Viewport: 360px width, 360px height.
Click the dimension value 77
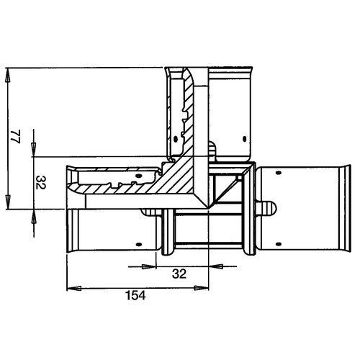tap(16, 137)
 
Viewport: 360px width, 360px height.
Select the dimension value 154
tap(135, 295)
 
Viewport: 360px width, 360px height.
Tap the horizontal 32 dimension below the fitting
tap(179, 274)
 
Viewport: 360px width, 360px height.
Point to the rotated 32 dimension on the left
tap(40, 182)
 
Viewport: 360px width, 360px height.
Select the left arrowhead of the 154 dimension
tap(74, 288)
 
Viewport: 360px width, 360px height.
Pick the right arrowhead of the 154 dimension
tap(202, 288)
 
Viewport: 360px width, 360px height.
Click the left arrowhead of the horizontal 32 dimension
tap(149, 266)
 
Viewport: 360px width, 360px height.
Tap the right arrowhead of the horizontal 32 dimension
tap(216, 266)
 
